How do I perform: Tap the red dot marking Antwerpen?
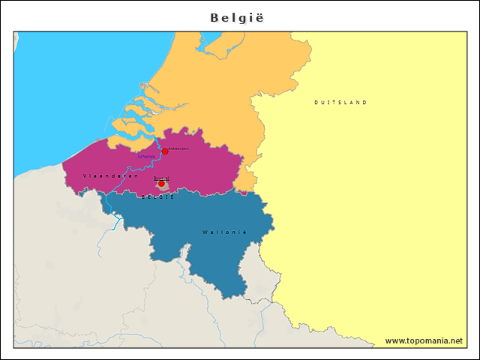[165, 151]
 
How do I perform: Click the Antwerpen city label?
[179, 148]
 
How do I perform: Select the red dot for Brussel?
[161, 183]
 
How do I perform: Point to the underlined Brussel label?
[161, 178]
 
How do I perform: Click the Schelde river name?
[148, 156]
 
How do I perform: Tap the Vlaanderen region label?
[110, 175]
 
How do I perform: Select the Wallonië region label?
[224, 232]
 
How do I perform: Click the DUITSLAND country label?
[340, 102]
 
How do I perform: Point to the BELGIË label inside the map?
[157, 196]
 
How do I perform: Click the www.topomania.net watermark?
[424, 340]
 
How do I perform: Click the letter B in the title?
[214, 16]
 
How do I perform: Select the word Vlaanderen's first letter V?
[85, 175]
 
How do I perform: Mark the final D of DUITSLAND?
[365, 102]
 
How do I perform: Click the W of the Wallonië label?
[204, 232]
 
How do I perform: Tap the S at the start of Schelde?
[140, 157]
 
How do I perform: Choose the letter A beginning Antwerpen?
[171, 148]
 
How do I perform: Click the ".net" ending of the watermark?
[454, 340]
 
